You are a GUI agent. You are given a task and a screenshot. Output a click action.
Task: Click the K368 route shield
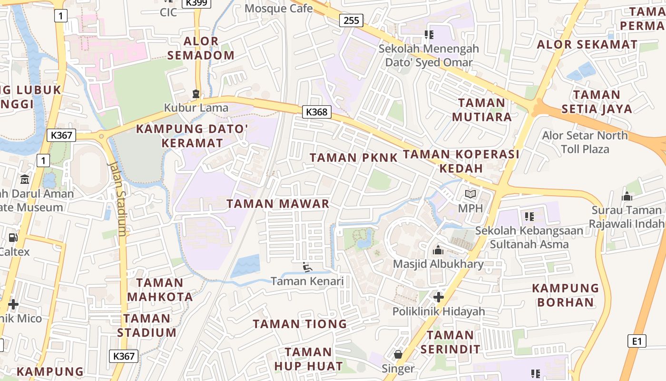tap(316, 112)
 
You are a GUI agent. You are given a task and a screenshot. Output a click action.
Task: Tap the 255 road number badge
tap(351, 20)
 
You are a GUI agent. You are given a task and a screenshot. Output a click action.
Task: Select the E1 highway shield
tap(637, 341)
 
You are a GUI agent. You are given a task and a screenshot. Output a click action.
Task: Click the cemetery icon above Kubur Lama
tap(196, 93)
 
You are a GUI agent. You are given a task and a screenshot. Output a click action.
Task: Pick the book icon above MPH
tap(470, 194)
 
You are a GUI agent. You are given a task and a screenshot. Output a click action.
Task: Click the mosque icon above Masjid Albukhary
tap(438, 250)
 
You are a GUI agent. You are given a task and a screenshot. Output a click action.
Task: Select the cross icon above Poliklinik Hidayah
tap(438, 298)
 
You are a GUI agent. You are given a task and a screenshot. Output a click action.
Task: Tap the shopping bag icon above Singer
tap(398, 354)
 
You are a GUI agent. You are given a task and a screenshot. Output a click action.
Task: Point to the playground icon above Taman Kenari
tap(307, 267)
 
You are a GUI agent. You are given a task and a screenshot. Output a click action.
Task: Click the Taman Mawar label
tap(278, 204)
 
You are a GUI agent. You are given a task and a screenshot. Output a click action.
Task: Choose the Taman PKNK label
tap(353, 158)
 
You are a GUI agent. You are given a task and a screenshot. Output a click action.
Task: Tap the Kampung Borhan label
tap(565, 295)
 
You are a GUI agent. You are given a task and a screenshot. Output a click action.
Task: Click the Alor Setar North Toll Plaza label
tap(585, 142)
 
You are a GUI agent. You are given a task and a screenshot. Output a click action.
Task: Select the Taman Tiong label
tap(300, 324)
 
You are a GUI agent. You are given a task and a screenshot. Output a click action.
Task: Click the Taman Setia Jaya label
tap(597, 101)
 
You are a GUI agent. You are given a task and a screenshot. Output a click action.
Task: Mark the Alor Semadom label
tap(201, 48)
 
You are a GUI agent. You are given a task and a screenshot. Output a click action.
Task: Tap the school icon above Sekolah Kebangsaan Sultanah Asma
tap(529, 217)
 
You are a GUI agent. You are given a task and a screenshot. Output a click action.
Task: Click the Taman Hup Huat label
tap(308, 359)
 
